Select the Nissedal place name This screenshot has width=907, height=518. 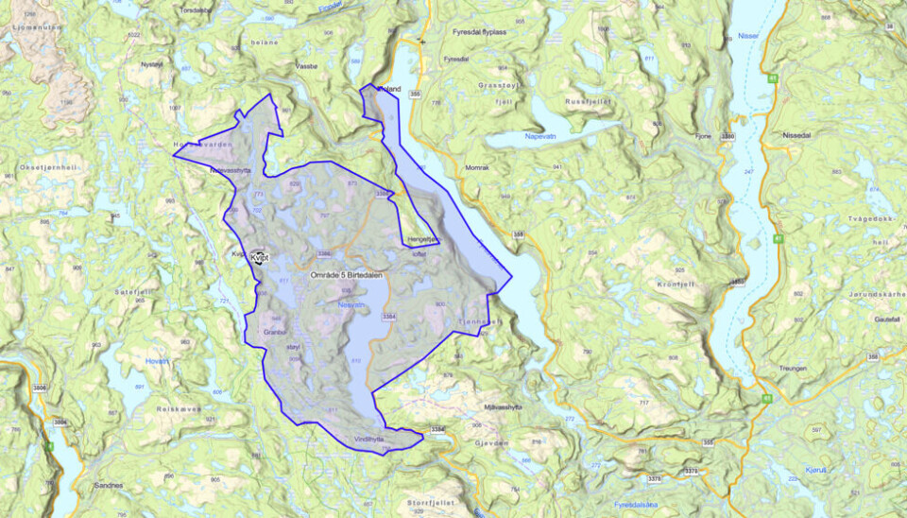coord(796,135)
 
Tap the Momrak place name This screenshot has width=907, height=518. coord(479,167)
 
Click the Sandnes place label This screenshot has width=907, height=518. coord(110,485)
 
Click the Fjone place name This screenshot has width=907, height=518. coord(702,137)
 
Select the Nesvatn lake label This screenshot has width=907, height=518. coord(351,304)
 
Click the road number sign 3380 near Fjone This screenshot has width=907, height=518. coord(727,137)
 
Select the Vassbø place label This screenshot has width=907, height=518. coord(305,68)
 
